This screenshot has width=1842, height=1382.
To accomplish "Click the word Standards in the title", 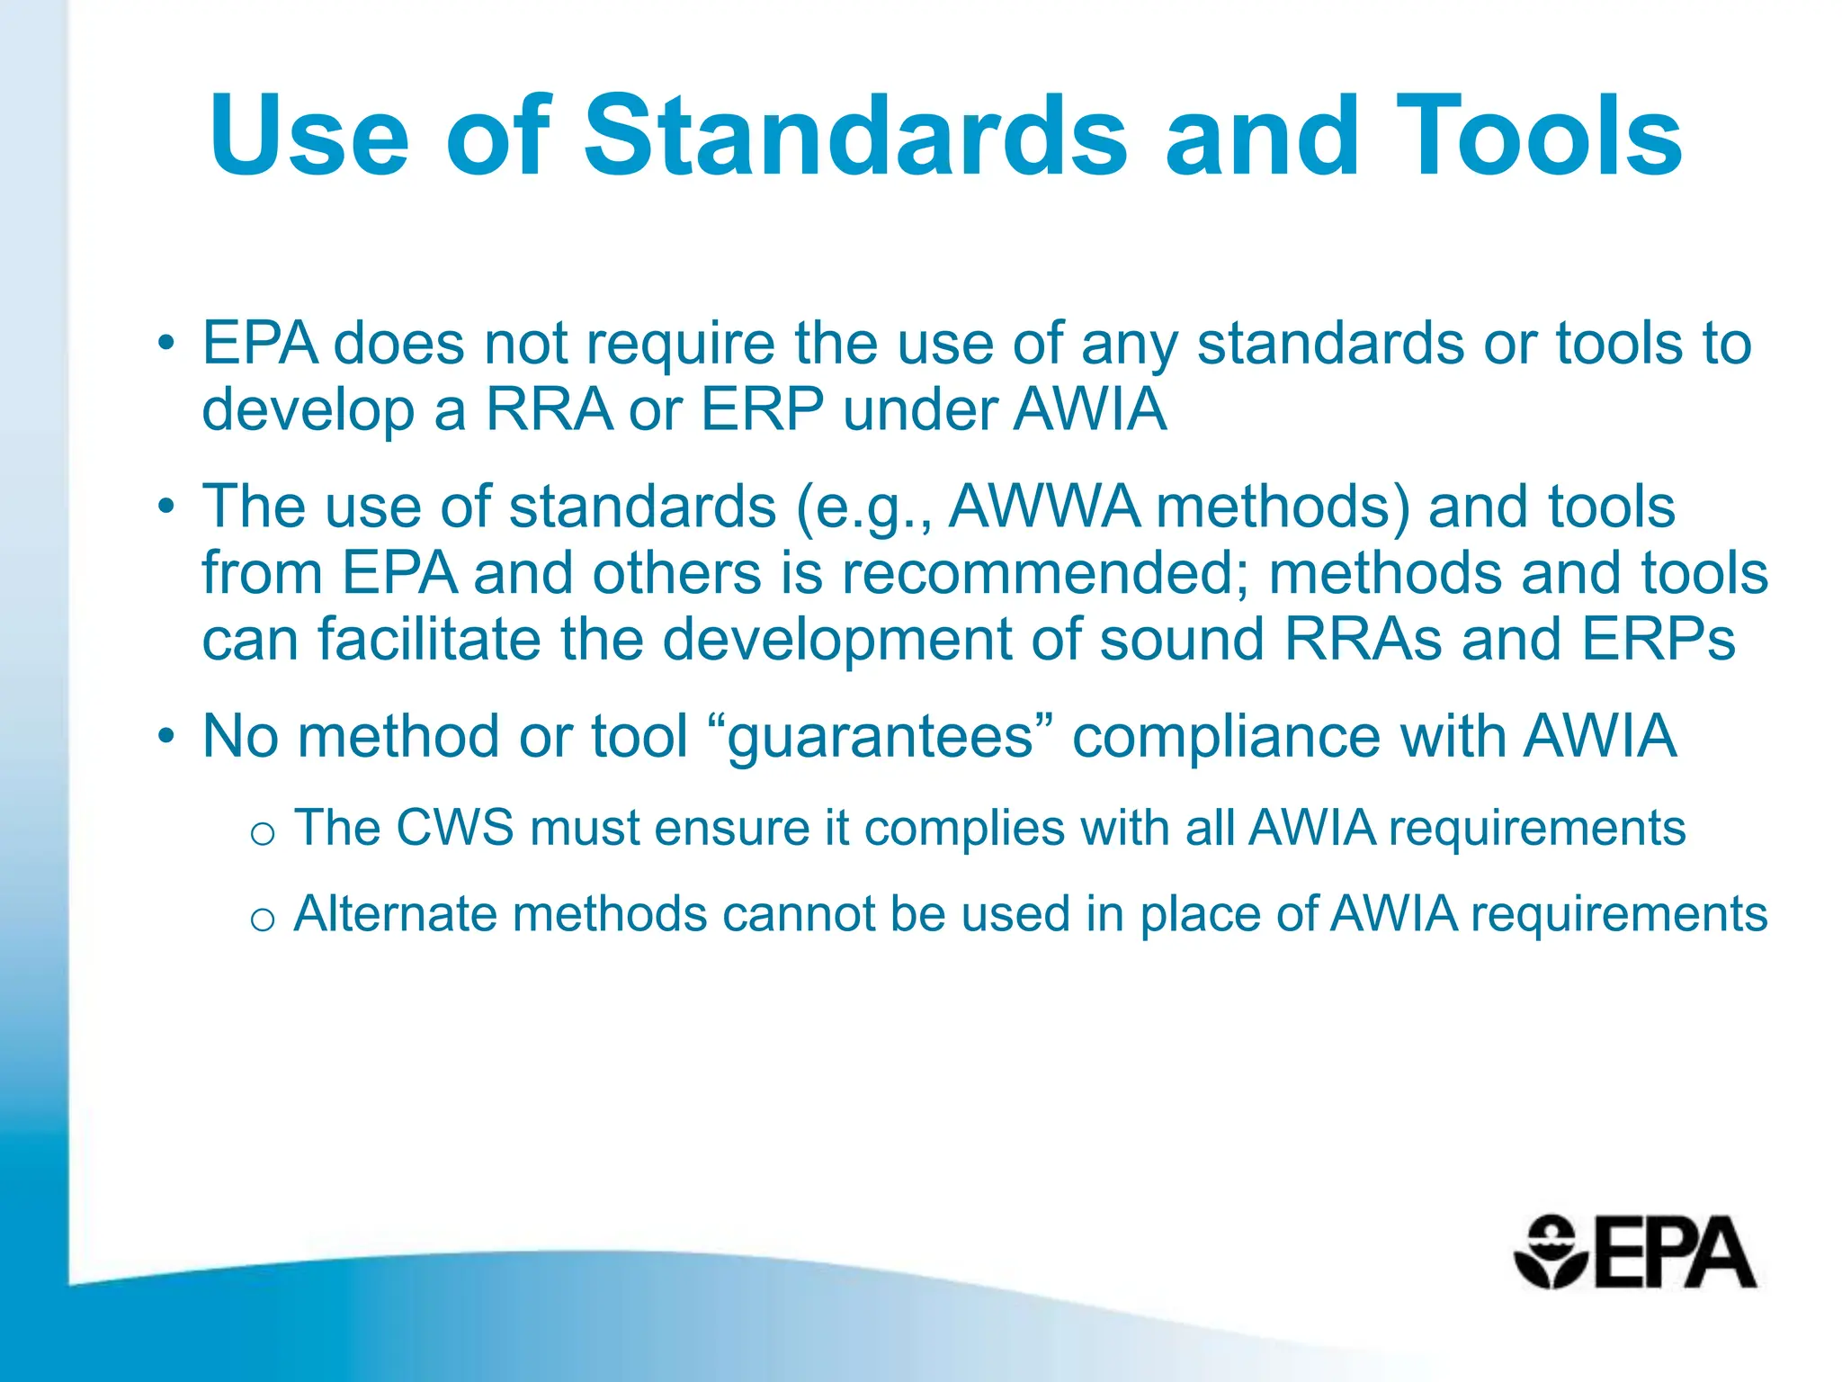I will click(x=854, y=137).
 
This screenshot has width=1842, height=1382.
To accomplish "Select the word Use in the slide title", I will click(x=309, y=137).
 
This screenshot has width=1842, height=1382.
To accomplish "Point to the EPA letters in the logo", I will click(x=1673, y=1253).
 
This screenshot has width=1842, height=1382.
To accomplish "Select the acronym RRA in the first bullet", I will click(x=550, y=410).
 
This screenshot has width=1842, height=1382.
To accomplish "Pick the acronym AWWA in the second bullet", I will click(x=1044, y=507).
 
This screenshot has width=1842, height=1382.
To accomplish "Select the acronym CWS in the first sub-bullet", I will click(x=454, y=828).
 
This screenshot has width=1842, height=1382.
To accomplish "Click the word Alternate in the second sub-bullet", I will click(x=395, y=914).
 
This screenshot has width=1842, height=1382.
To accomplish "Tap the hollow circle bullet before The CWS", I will click(x=263, y=834).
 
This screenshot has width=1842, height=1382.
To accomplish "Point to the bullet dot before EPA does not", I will click(x=165, y=344).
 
